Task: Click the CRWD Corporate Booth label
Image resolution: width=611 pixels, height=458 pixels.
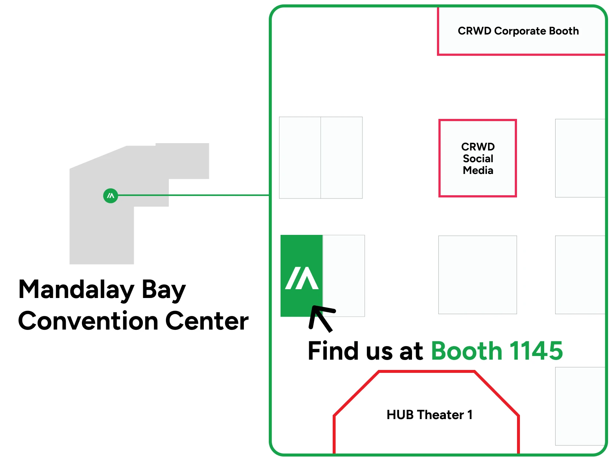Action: pyautogui.click(x=518, y=31)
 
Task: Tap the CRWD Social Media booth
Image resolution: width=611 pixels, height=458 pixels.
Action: pyautogui.click(x=477, y=158)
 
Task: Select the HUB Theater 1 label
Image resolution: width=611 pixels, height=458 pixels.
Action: pyautogui.click(x=429, y=415)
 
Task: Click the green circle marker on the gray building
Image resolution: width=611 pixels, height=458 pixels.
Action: pyautogui.click(x=111, y=196)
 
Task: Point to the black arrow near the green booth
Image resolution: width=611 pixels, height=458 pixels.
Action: pyautogui.click(x=322, y=319)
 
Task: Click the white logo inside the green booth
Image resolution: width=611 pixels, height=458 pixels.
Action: pyautogui.click(x=302, y=278)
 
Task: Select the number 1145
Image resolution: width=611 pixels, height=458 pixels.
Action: pyautogui.click(x=536, y=351)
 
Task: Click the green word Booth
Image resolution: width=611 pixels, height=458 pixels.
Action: pyautogui.click(x=467, y=351)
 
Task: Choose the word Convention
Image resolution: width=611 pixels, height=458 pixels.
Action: pyautogui.click(x=88, y=321)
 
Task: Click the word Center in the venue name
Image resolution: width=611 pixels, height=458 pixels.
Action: pyautogui.click(x=207, y=321)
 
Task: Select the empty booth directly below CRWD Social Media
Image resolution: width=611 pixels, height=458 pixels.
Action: pyautogui.click(x=477, y=275)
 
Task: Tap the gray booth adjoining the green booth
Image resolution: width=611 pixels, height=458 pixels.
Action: pyautogui.click(x=343, y=276)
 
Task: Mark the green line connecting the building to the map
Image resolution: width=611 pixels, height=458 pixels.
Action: pyautogui.click(x=194, y=195)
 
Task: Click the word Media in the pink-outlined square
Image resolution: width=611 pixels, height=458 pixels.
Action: pyautogui.click(x=478, y=170)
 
